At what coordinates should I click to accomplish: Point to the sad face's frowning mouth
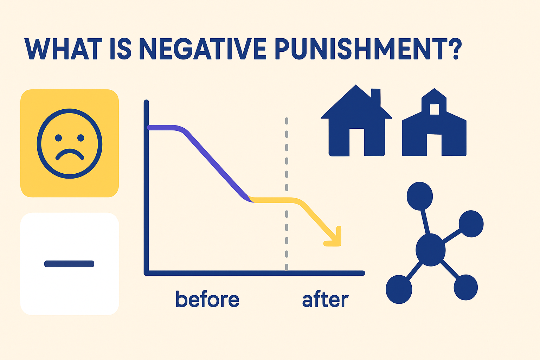70,154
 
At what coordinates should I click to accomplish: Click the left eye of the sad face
58,138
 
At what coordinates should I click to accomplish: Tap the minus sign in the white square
69,264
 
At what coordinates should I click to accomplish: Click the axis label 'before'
207,299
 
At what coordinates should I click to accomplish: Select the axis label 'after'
325,300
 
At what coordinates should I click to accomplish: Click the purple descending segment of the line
214,163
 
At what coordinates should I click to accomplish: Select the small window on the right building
435,109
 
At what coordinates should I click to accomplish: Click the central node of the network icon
430,250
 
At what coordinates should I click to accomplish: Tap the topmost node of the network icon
419,196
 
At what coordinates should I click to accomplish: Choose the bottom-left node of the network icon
399,289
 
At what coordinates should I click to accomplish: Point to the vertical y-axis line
146,186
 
